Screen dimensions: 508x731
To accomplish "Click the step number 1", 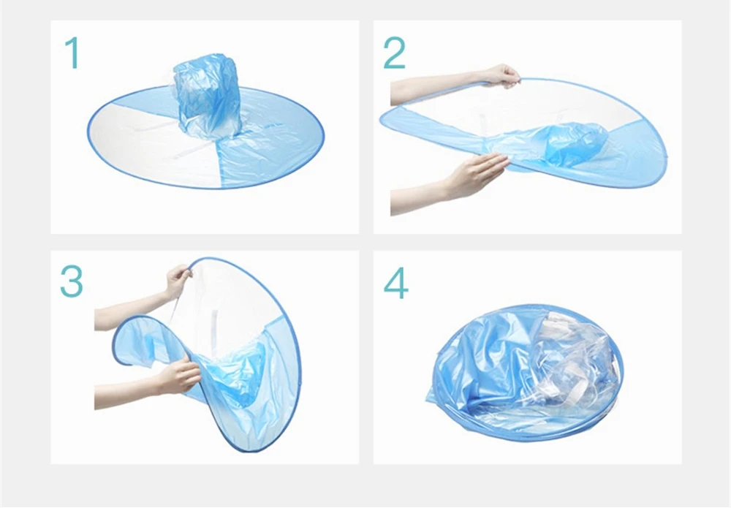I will (71, 53).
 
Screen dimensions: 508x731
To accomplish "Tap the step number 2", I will (394, 53).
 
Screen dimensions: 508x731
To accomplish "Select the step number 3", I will (71, 281).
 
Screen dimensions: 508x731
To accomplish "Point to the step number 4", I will (395, 284).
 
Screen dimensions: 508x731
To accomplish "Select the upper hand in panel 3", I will (177, 281).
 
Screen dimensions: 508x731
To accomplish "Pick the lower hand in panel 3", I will (178, 376).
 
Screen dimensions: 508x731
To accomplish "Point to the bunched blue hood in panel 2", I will (575, 143).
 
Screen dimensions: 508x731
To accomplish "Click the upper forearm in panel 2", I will (431, 88).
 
